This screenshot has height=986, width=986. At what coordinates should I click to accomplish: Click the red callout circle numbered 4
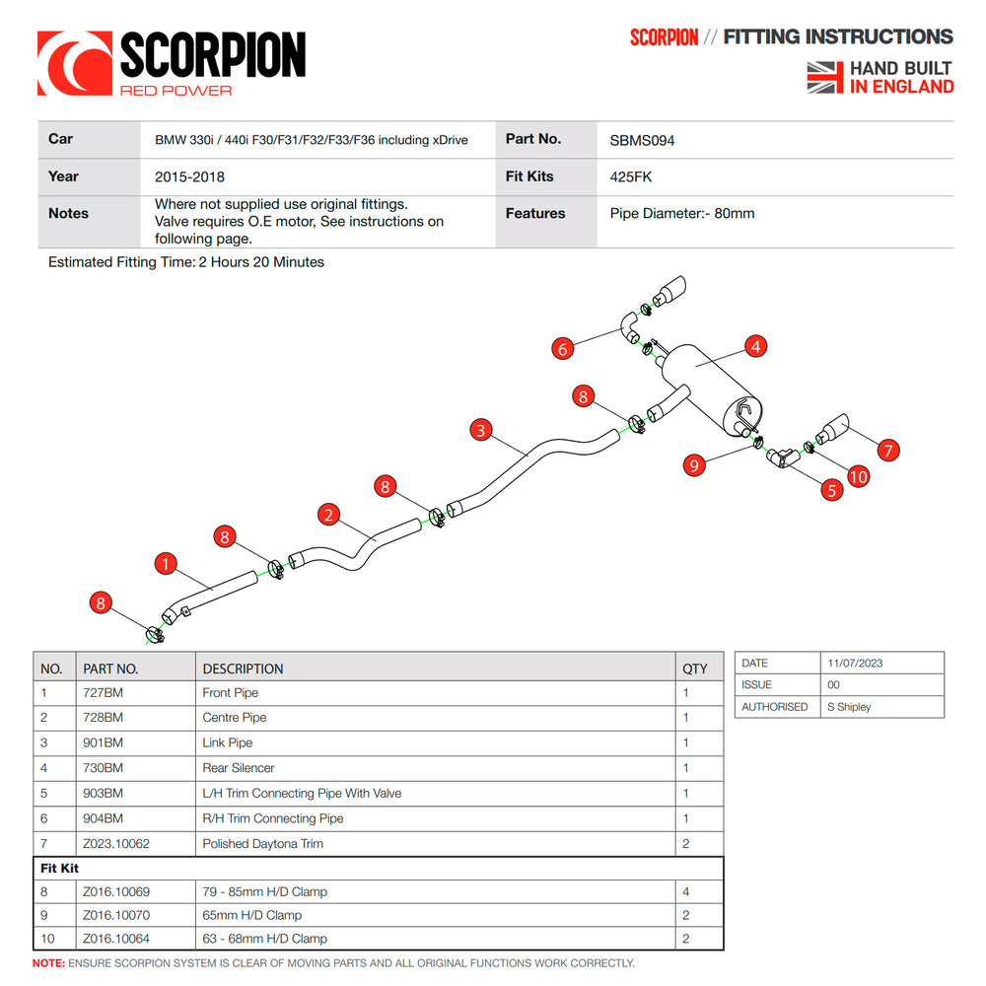(755, 346)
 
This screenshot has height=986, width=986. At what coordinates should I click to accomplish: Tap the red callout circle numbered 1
(167, 564)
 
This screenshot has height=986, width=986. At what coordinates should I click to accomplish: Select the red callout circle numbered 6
(563, 348)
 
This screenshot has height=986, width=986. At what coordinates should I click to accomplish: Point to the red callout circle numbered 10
(858, 476)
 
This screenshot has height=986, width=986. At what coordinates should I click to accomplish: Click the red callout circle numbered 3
(480, 429)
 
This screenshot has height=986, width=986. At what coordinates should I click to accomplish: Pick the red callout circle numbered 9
(696, 464)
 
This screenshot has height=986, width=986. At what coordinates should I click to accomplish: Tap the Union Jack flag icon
(825, 77)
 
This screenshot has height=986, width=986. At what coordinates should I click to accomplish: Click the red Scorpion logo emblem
(74, 64)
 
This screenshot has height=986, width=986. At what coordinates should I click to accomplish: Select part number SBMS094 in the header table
(642, 140)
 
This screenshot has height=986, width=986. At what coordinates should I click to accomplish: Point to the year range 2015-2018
(189, 177)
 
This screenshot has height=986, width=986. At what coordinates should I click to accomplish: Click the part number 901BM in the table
(104, 742)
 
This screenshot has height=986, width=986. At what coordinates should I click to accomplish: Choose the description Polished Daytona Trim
(262, 843)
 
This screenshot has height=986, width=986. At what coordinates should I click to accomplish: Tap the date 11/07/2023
(855, 664)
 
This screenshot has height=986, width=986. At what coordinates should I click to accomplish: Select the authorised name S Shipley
(850, 707)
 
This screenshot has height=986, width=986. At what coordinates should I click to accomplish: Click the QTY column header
(694, 669)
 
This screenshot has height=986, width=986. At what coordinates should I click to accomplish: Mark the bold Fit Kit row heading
(60, 868)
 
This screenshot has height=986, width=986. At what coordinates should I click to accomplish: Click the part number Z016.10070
(116, 915)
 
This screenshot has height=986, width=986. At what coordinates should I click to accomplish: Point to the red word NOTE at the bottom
(48, 962)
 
